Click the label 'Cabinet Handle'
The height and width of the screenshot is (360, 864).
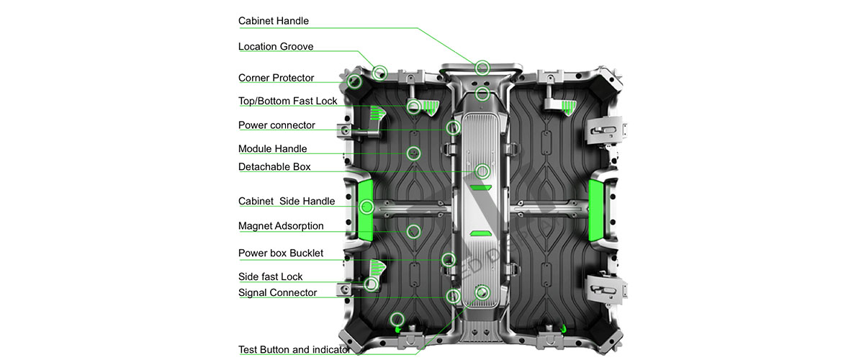pos(274,21)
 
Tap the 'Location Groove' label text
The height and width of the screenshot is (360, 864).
pos(276,47)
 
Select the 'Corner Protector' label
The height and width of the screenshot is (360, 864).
pos(276,78)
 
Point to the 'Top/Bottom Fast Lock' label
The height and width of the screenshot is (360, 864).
pos(287,101)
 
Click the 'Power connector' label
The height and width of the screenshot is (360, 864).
pos(276,125)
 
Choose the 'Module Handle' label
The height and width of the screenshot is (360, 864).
pos(272,149)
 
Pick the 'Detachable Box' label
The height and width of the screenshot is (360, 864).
pos(274,166)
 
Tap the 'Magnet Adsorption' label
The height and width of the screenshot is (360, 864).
pos(281,226)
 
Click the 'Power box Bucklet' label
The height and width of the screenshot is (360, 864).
pos(281,253)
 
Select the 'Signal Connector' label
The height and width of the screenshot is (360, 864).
pos(277,293)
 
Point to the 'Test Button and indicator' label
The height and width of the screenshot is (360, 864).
pos(294,350)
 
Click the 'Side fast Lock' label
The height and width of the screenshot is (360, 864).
pos(270,276)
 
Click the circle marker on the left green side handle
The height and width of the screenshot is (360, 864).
pos(367,207)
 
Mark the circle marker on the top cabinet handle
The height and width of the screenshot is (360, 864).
pos(482,68)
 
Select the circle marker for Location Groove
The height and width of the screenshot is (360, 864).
pos(380,72)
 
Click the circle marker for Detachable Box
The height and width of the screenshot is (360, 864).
pos(482,171)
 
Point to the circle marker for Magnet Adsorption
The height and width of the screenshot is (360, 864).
pos(413,231)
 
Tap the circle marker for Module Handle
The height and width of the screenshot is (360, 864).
pos(413,153)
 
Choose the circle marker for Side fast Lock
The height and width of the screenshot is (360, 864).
pos(372,284)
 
